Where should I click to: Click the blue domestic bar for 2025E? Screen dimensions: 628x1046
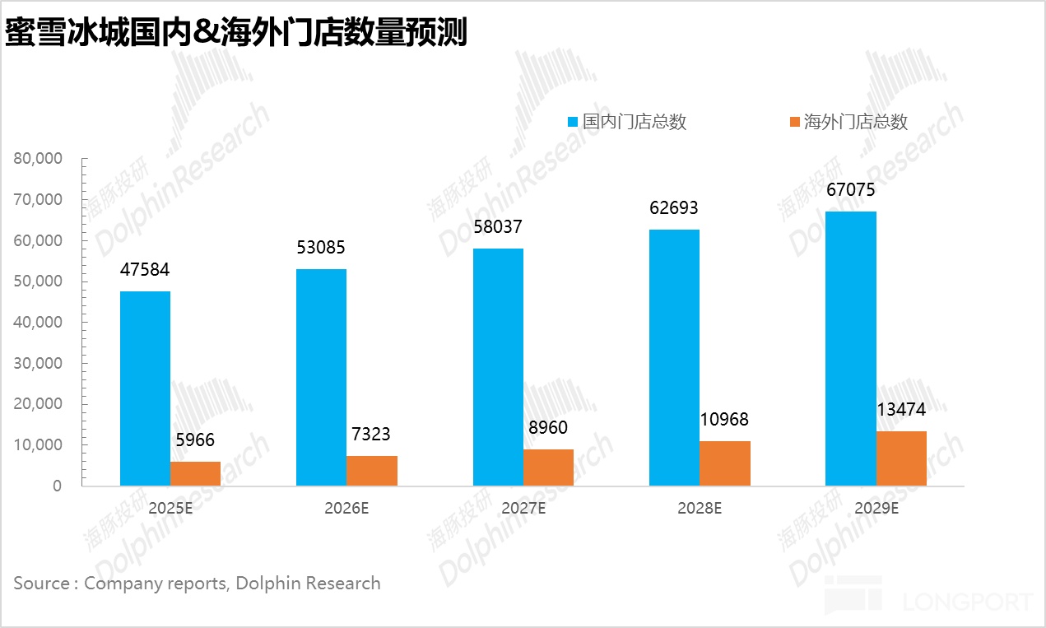pyautogui.click(x=145, y=388)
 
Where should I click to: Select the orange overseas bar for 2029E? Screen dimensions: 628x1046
pyautogui.click(x=901, y=458)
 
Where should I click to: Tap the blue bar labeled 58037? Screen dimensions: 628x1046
pyautogui.click(x=498, y=367)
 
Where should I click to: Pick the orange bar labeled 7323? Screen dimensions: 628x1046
pyautogui.click(x=372, y=471)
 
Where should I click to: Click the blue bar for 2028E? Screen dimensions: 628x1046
pyautogui.click(x=674, y=357)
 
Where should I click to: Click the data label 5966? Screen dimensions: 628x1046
pyautogui.click(x=195, y=440)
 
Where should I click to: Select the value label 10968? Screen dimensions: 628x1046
pyautogui.click(x=724, y=420)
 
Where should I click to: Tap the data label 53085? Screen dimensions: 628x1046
pyautogui.click(x=321, y=248)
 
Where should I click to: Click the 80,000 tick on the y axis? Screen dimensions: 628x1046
pyautogui.click(x=38, y=159)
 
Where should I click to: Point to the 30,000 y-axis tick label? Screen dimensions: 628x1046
pyautogui.click(x=38, y=363)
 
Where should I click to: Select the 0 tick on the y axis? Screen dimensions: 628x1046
pyautogui.click(x=57, y=486)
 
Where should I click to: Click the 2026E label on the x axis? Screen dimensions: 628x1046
pyautogui.click(x=346, y=508)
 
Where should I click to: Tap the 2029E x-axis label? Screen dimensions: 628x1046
pyautogui.click(x=876, y=508)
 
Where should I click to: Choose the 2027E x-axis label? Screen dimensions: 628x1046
pyautogui.click(x=523, y=508)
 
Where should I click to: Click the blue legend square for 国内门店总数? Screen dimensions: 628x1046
pyautogui.click(x=573, y=122)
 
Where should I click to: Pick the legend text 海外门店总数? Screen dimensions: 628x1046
pyautogui.click(x=855, y=122)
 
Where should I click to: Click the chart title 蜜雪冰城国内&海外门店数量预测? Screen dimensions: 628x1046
pyautogui.click(x=236, y=33)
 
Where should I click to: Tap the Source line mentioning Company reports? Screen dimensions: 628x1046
pyautogui.click(x=197, y=584)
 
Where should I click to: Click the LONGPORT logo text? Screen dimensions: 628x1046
pyautogui.click(x=968, y=602)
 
